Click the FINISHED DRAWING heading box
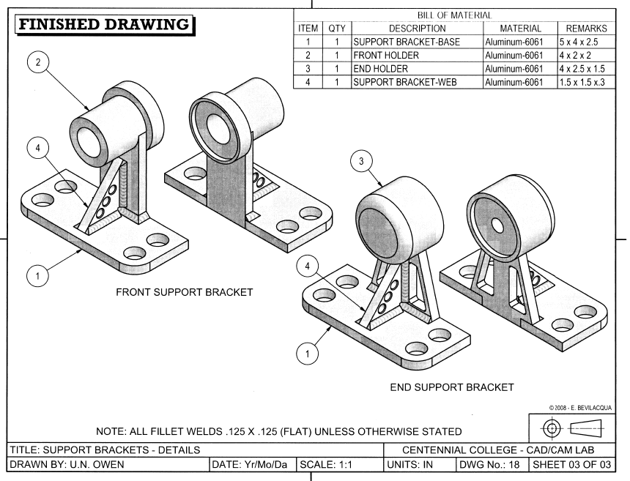[x=103, y=26]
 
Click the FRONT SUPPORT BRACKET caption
[x=185, y=292]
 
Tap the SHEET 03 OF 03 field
[x=568, y=464]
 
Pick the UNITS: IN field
[x=418, y=464]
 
